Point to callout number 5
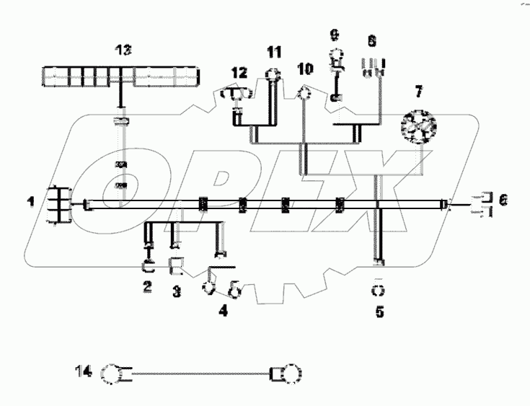379,313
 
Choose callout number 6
503,201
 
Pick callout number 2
147,286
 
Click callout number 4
223,312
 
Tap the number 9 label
333,34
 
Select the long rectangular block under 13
121,75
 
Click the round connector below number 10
304,92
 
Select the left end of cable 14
114,375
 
